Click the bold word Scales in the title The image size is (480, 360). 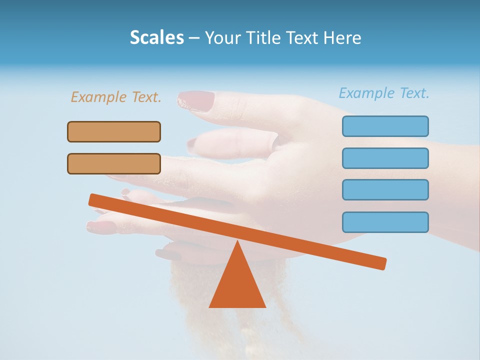pos(157,37)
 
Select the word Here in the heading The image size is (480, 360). pos(342,37)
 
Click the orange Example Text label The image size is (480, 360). pos(116,97)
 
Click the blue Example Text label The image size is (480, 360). pos(384,93)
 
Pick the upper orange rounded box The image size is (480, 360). pos(114,131)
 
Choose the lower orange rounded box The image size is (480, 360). pos(114,163)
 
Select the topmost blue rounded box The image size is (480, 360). pos(385,126)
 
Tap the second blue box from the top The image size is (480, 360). pos(385,158)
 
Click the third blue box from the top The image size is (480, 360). pos(385,189)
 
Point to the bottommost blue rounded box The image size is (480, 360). pos(385,222)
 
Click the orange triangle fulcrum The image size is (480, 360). pos(237,285)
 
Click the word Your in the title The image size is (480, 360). pos(222,37)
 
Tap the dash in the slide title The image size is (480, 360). pos(194,38)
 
